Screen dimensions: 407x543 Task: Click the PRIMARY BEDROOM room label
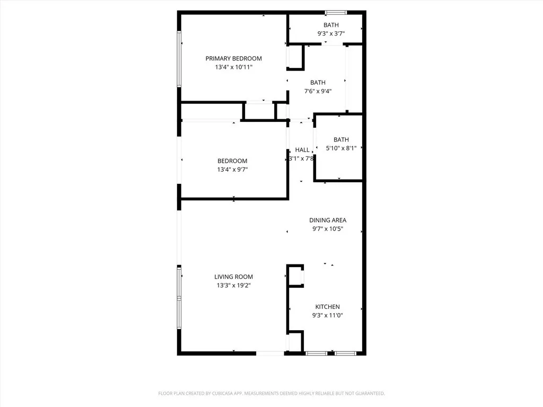click(233, 58)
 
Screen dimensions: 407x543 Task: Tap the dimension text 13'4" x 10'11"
click(233, 67)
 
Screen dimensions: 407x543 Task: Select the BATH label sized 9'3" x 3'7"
click(331, 25)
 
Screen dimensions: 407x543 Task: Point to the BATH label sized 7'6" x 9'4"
click(318, 82)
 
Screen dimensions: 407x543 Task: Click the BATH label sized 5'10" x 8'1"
click(341, 139)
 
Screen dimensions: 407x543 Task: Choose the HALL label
click(302, 150)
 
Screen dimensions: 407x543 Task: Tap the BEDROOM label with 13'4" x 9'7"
click(232, 161)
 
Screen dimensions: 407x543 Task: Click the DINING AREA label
click(328, 220)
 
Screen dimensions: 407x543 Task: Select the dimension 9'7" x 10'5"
click(328, 229)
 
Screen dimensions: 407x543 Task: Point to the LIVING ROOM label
click(233, 277)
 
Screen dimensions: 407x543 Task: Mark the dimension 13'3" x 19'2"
click(233, 286)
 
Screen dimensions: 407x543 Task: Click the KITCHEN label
click(327, 307)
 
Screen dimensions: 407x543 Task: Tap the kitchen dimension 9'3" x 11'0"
click(327, 316)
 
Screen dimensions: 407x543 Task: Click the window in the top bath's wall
click(336, 12)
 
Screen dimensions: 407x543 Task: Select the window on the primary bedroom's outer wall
click(179, 58)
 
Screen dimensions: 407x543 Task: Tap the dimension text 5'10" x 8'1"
click(341, 148)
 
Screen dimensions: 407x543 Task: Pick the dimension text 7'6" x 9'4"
click(318, 91)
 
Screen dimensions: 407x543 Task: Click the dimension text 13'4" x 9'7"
click(232, 170)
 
